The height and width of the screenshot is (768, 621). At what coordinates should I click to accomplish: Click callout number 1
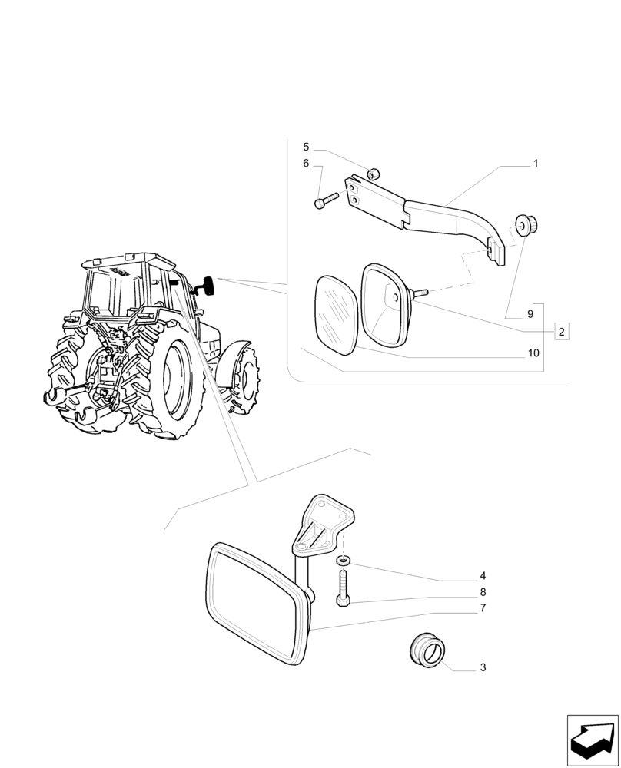click(x=535, y=164)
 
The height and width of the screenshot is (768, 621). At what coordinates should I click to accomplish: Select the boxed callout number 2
click(x=561, y=332)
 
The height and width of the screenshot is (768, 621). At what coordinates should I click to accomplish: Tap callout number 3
click(x=483, y=668)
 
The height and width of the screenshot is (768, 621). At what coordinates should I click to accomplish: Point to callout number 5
click(x=305, y=147)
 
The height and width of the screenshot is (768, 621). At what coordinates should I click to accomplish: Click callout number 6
click(x=305, y=164)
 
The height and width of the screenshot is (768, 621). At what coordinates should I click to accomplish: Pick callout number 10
click(x=533, y=353)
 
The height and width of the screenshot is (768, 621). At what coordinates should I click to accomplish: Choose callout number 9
click(x=530, y=314)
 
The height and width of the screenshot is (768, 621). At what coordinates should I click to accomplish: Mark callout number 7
click(x=483, y=608)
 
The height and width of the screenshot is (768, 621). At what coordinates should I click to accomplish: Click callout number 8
click(x=483, y=592)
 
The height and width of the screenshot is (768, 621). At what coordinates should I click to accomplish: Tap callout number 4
click(x=483, y=575)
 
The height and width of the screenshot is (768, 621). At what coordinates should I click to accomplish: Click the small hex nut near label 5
click(x=373, y=174)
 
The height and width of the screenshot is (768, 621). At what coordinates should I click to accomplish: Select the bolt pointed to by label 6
click(x=325, y=200)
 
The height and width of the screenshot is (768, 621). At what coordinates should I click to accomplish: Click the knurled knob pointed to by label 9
click(x=527, y=225)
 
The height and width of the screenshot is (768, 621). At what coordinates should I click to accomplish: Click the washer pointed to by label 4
click(x=343, y=558)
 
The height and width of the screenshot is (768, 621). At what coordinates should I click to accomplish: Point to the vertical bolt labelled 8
click(x=343, y=587)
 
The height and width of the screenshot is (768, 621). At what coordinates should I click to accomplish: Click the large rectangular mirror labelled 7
click(x=254, y=603)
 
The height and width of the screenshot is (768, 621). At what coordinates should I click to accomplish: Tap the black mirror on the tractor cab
click(x=208, y=285)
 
